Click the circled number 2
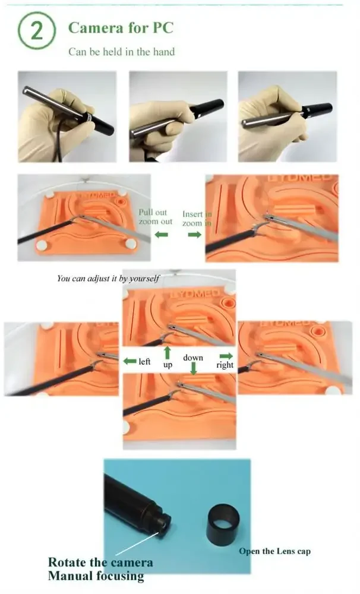(37, 31)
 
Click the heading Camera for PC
(121, 27)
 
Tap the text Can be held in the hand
(121, 52)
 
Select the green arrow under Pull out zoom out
(161, 235)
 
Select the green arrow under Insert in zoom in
(194, 235)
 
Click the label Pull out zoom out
(156, 217)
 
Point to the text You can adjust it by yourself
(108, 277)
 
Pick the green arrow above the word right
(226, 355)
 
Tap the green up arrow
(168, 353)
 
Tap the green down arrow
(193, 368)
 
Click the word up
(168, 365)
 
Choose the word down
(193, 358)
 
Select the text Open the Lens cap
(274, 551)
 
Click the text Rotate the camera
(100, 563)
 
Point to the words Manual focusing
(96, 576)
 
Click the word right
(225, 365)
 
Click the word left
(144, 361)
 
